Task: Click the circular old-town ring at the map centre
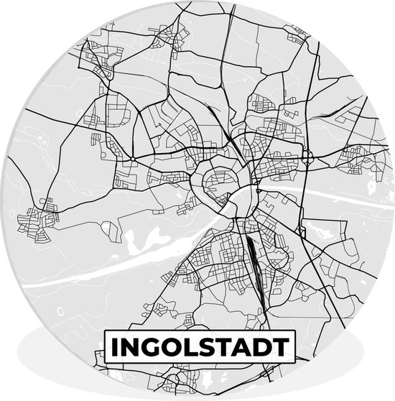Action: click(x=217, y=181)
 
